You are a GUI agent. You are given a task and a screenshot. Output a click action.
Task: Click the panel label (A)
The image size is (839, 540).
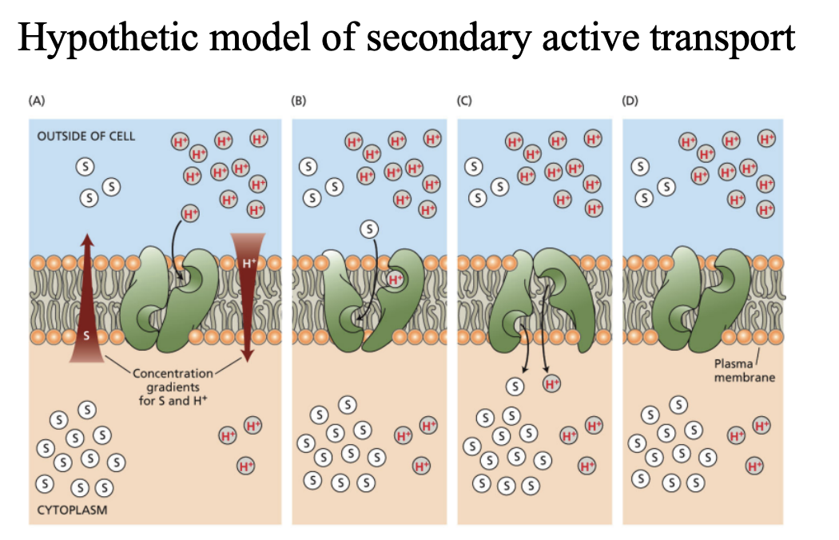[36, 101]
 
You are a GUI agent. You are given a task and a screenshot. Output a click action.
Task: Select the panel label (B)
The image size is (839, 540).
[298, 101]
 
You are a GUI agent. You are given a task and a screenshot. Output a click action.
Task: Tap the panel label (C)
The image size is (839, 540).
[464, 101]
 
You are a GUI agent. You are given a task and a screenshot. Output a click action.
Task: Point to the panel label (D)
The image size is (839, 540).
[630, 101]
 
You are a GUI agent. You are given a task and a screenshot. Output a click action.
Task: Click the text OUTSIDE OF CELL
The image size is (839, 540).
[86, 136]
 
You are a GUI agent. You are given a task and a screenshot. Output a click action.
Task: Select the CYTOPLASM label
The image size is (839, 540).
[72, 508]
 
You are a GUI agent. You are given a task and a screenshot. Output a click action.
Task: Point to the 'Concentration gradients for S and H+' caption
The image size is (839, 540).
[173, 386]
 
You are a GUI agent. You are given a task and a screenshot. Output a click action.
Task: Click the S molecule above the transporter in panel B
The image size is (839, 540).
[369, 229]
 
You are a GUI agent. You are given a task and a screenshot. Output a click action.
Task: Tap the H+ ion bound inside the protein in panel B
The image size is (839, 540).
[395, 279]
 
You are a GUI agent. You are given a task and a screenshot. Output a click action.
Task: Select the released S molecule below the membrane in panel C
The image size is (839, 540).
[516, 385]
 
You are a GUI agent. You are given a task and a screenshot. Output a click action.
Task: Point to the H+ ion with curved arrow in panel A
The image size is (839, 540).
[189, 213]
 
